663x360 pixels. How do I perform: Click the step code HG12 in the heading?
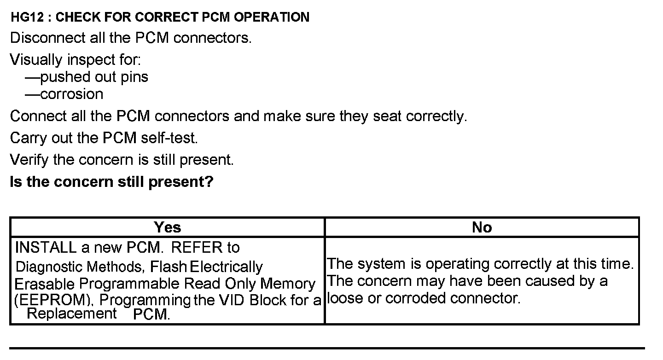pos(26,17)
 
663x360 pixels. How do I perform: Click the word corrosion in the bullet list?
pos(72,94)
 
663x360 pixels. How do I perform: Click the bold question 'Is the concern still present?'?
pos(112,182)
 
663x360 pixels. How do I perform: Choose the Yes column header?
pos(168,227)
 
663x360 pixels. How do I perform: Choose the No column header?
pos(482,227)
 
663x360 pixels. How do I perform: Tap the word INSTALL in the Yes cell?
pos(46,248)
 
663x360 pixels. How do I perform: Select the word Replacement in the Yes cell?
pos(71,314)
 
